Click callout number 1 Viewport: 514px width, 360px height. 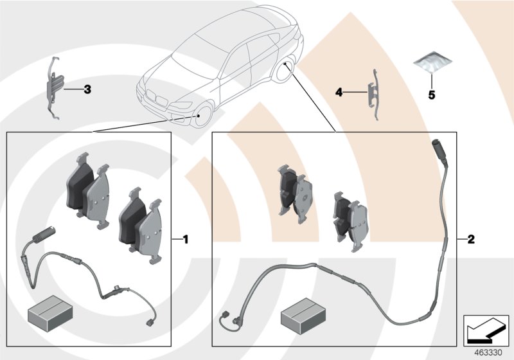pyautogui.click(x=186, y=240)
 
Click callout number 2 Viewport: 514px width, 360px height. pyautogui.click(x=470, y=240)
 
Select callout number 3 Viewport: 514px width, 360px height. pyautogui.click(x=87, y=89)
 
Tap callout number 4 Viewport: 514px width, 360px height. pyautogui.click(x=339, y=93)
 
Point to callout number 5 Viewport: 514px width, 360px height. pyautogui.click(x=432, y=95)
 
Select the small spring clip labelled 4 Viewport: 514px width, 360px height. pyautogui.click(x=373, y=92)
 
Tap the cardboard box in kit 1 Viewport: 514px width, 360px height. pyautogui.click(x=48, y=313)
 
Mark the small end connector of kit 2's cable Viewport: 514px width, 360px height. pyautogui.click(x=224, y=315)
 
